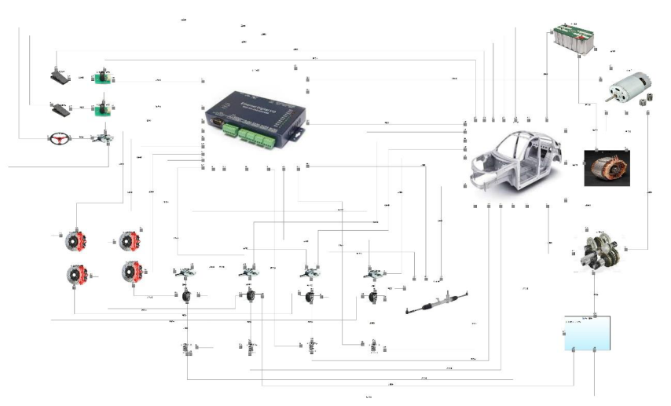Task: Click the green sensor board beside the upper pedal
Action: (101, 77)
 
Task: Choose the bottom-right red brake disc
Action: (130, 272)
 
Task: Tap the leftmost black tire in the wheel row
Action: (188, 297)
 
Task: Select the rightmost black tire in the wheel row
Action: (372, 298)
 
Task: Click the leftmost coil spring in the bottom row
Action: (188, 346)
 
